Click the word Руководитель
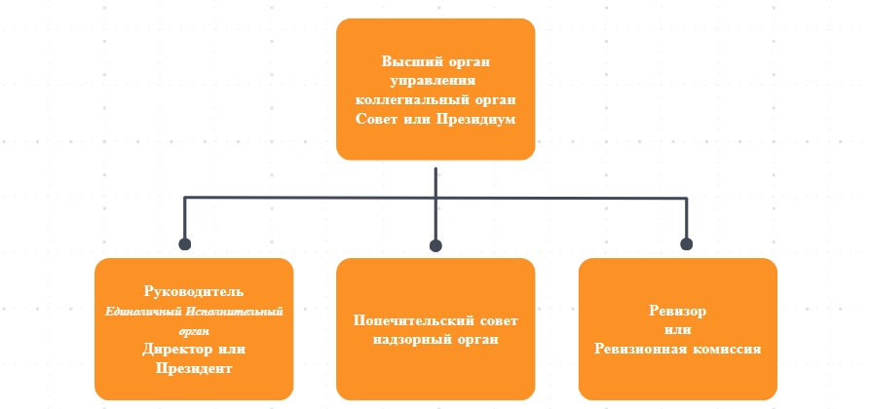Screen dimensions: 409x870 (193, 291)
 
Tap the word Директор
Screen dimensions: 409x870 (174, 349)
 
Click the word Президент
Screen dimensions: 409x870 (194, 368)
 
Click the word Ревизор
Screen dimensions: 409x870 (677, 311)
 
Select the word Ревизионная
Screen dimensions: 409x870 (635, 348)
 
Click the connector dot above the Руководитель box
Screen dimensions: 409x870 (184, 244)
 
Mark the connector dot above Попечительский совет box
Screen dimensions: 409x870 (435, 244)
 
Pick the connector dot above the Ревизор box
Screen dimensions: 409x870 (686, 244)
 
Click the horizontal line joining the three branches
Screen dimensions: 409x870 (312, 199)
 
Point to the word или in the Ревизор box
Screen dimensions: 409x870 (677, 329)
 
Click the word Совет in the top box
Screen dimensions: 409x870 (381, 120)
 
